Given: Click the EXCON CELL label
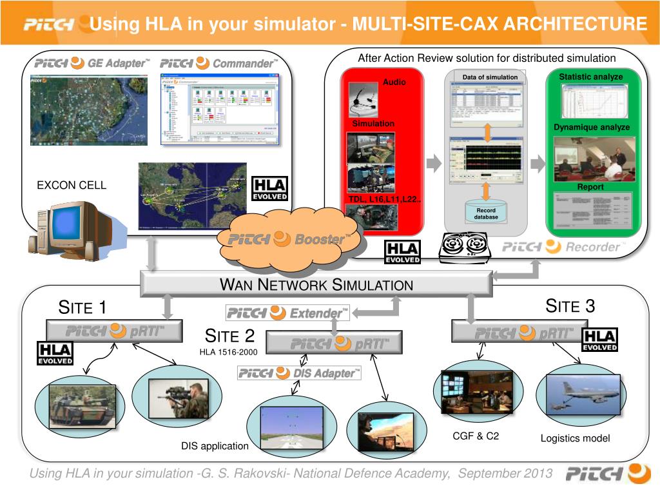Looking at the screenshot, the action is (72, 186).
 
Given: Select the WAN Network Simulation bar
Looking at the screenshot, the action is (316, 284).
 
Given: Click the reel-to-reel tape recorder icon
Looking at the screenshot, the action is (465, 247).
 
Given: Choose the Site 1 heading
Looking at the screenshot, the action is (82, 307).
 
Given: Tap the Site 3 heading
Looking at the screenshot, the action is (570, 306).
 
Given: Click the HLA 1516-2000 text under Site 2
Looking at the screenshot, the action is (229, 351).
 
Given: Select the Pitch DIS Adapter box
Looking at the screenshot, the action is (299, 373).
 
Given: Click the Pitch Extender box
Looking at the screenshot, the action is (287, 313).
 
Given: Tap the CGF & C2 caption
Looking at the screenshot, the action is (476, 436).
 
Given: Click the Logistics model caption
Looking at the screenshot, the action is (575, 438).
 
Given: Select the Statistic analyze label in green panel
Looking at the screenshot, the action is (590, 77).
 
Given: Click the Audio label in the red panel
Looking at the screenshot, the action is (394, 82).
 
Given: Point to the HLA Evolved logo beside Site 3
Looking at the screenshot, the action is (599, 340).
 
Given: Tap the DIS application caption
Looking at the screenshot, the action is (215, 446).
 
